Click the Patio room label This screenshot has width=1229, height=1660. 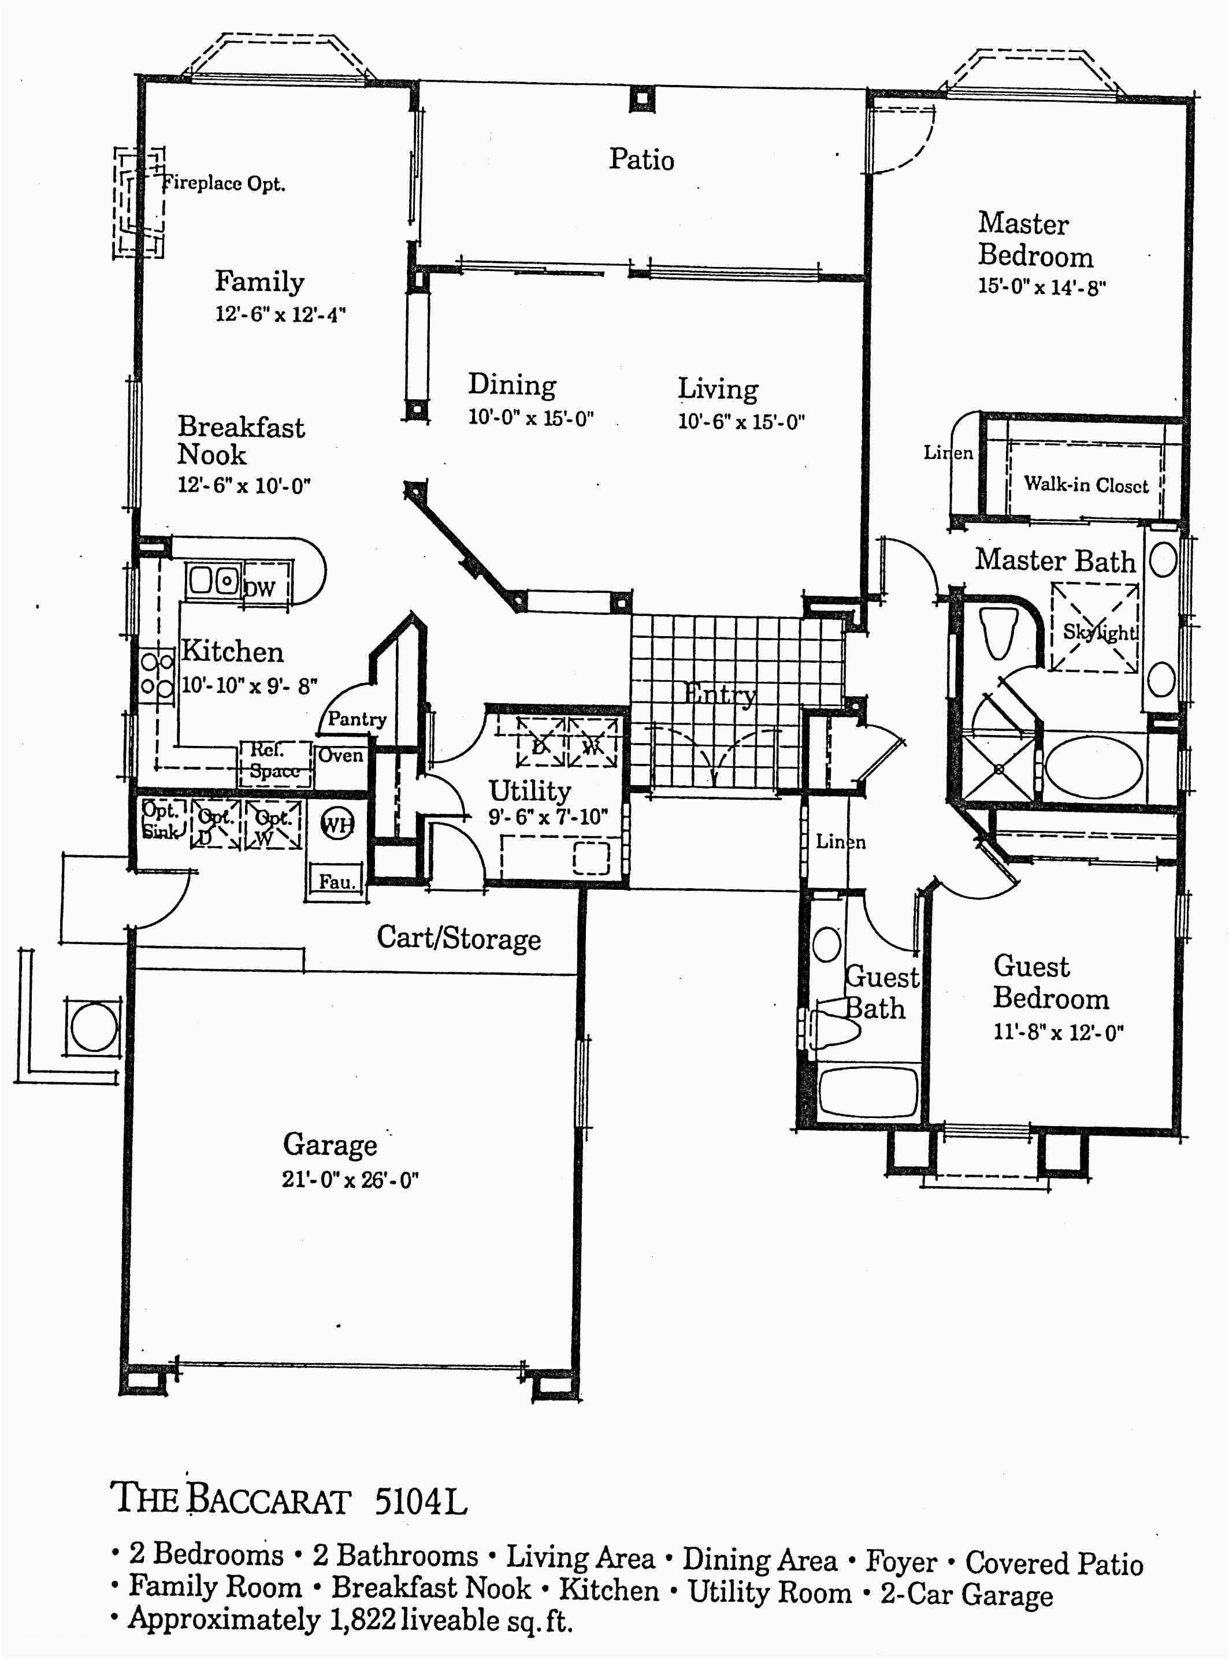click(x=641, y=159)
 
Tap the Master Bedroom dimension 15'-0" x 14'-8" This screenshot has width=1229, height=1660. click(x=1042, y=287)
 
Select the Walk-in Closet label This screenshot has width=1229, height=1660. click(x=1086, y=485)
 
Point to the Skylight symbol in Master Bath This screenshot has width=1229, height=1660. click(x=1094, y=629)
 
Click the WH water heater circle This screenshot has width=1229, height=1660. click(x=337, y=824)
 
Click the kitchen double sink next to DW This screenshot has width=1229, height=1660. click(x=213, y=580)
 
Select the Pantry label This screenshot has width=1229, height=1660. click(x=357, y=718)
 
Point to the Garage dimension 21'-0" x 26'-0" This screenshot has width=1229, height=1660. click(x=350, y=1179)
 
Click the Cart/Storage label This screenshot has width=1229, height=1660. click(x=458, y=938)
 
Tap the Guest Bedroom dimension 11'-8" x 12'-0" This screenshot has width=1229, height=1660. click(x=1058, y=1033)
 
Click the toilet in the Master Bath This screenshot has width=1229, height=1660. click(x=998, y=633)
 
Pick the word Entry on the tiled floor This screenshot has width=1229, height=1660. click(x=719, y=694)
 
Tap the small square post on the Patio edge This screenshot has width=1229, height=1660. click(x=641, y=99)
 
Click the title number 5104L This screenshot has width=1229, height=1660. click(x=420, y=1501)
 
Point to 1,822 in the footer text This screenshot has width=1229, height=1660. click(x=362, y=1618)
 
